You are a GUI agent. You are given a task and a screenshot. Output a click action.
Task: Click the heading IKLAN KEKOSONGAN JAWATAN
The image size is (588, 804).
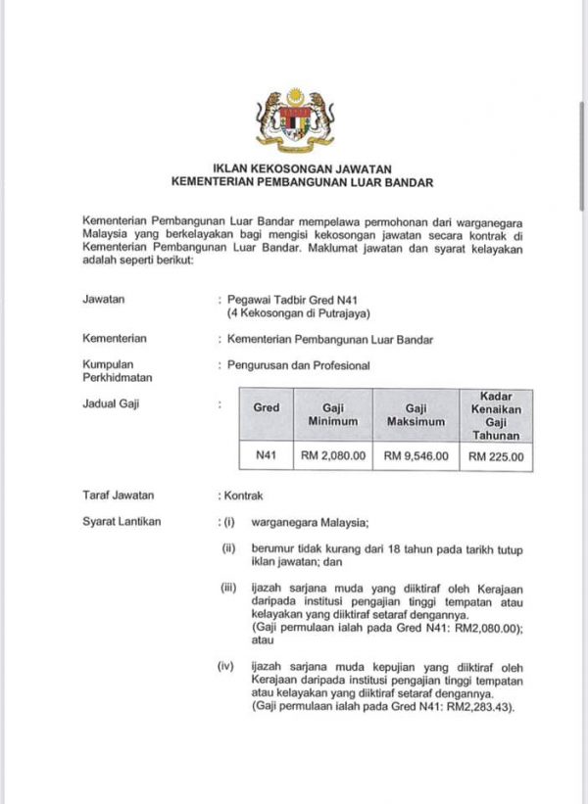click(295, 167)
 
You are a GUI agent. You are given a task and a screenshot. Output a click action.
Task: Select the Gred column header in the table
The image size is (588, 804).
click(267, 407)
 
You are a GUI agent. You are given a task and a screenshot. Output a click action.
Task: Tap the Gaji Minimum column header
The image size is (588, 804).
click(334, 414)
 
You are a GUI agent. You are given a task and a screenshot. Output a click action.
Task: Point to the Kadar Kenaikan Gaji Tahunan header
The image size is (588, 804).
click(496, 414)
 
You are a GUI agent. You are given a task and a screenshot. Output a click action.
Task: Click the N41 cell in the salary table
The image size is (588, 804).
click(267, 455)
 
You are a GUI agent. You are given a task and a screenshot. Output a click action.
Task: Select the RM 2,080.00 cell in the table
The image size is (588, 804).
click(334, 455)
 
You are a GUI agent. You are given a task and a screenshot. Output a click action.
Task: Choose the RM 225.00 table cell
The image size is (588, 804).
click(496, 455)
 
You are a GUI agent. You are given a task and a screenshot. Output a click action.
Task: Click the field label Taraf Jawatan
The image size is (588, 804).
click(119, 496)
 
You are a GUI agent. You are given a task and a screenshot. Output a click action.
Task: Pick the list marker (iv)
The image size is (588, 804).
click(226, 667)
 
